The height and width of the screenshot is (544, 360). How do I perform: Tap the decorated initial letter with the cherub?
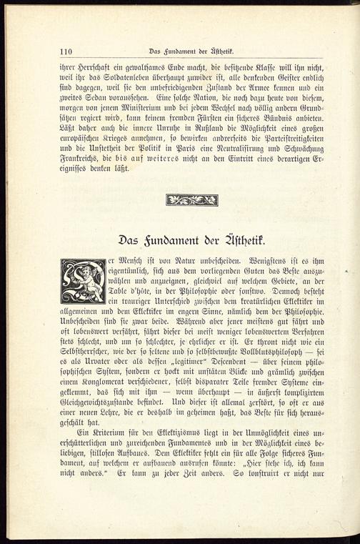pyautogui.click(x=84, y=281)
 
